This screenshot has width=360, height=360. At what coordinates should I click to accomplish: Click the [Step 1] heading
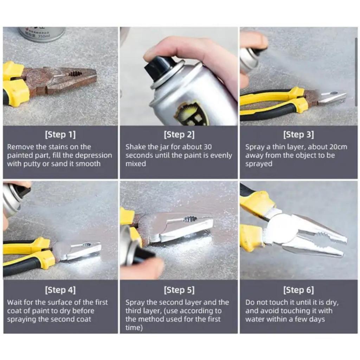(60, 135)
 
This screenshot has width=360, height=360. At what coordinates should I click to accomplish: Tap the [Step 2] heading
(179, 135)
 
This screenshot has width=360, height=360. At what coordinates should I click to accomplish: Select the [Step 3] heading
(298, 135)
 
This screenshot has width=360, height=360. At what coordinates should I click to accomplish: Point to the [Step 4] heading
(60, 290)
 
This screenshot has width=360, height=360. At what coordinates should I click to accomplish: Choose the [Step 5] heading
(179, 290)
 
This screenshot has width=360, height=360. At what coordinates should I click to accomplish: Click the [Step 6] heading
(298, 290)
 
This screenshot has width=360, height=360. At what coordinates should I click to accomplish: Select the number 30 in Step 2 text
(207, 147)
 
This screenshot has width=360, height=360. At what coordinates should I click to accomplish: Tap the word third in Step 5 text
(135, 311)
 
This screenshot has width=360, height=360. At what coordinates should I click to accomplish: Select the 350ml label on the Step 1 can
(43, 36)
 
